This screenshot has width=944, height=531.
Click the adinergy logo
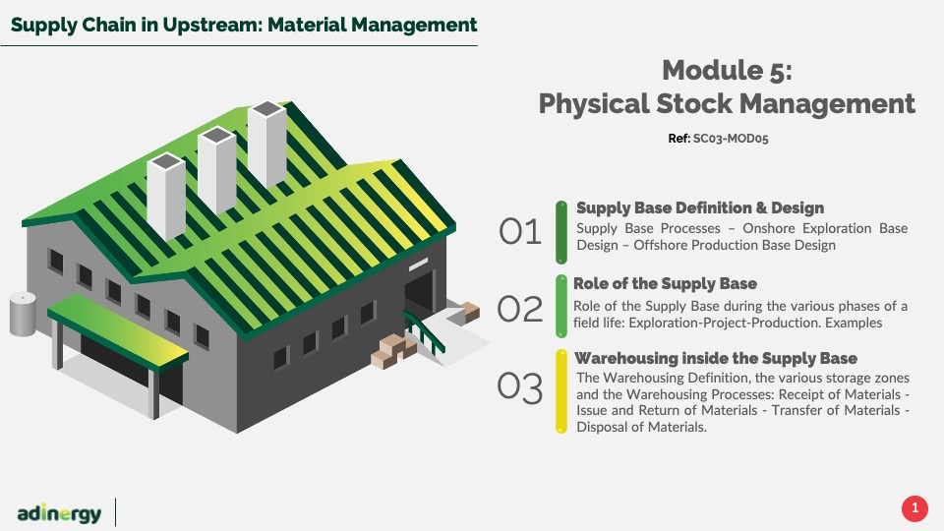tap(59, 513)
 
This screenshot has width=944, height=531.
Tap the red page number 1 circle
tap(914, 508)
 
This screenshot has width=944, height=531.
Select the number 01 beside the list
tap(520, 232)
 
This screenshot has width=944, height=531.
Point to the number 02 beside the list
tap(520, 309)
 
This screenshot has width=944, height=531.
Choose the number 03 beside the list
tap(520, 387)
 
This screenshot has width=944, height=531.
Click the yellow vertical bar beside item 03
tap(561, 391)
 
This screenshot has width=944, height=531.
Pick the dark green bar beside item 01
tap(561, 232)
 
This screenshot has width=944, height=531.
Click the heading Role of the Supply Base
tap(665, 283)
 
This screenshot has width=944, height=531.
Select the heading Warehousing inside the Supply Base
tap(716, 358)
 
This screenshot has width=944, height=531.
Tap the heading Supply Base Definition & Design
tap(700, 207)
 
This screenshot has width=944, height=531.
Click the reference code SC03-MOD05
tap(731, 139)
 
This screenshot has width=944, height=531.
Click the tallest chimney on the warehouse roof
tap(267, 144)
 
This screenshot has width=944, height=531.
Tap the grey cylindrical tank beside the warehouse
tap(23, 314)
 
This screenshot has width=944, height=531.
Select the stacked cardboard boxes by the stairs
tap(393, 351)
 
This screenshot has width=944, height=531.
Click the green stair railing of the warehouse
tap(424, 332)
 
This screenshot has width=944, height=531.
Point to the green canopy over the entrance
tap(118, 329)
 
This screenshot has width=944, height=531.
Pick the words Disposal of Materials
tap(641, 427)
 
